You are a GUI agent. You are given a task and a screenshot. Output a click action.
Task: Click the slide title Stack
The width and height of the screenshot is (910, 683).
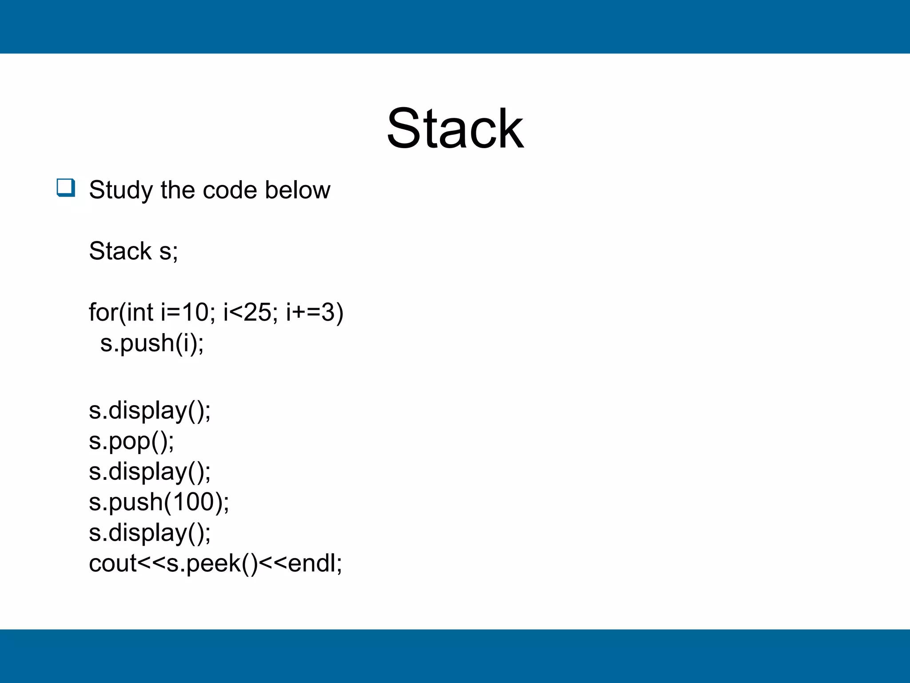pos(455,129)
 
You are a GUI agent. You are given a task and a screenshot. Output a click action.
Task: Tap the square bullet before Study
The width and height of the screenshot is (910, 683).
pos(66,188)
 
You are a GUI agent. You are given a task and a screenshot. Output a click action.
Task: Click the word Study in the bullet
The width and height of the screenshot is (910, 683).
pos(121,190)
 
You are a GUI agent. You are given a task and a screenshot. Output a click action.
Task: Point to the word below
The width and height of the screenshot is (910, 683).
pos(297,190)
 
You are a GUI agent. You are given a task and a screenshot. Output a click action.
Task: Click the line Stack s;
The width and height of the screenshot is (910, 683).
pos(133,251)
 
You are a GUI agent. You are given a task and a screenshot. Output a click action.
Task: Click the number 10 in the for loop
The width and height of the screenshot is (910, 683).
pos(195,312)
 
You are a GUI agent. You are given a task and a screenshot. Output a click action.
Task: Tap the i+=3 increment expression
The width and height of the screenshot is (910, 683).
pos(310,312)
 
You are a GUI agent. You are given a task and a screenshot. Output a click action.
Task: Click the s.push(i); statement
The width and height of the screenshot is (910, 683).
pos(152,343)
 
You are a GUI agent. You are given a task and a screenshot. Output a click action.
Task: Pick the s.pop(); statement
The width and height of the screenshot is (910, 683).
pos(132,441)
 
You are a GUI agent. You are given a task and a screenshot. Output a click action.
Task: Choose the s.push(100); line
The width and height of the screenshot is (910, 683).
pos(159,502)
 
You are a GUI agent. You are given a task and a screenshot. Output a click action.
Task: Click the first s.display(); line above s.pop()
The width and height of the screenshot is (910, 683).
pos(150,410)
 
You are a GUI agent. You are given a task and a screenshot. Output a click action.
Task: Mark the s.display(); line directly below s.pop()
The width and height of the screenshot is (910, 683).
pos(150,471)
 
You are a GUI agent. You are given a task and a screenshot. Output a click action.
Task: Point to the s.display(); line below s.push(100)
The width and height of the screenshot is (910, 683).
pos(150,533)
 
